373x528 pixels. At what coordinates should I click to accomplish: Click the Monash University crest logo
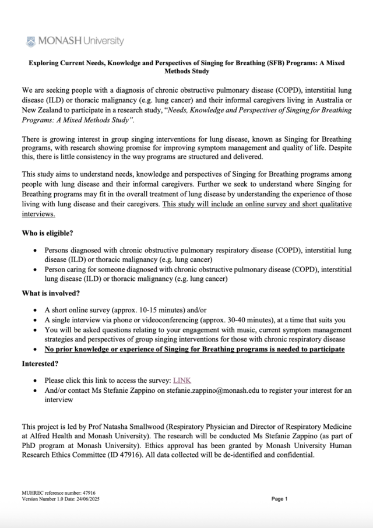click(x=31, y=41)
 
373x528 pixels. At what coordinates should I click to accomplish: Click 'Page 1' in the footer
click(x=279, y=499)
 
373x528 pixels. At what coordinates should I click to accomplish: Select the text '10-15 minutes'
click(x=161, y=309)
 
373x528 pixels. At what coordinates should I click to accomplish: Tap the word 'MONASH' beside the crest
click(x=58, y=41)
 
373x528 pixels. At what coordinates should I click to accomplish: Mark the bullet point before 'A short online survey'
click(x=37, y=309)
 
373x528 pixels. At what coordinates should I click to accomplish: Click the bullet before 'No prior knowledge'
click(x=37, y=350)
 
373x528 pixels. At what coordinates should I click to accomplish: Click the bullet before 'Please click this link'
click(x=37, y=381)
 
